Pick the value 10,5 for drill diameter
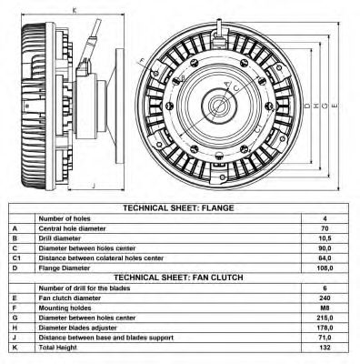(324, 238)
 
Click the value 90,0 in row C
(324, 248)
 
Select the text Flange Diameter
(65, 268)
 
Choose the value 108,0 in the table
(324, 268)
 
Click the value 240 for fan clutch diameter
(324, 298)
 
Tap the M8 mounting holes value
(324, 308)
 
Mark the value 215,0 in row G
(324, 318)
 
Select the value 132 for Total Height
(324, 348)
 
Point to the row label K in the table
(15, 348)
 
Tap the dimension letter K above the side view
(75, 11)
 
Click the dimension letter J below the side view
(95, 185)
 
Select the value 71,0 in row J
(324, 338)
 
